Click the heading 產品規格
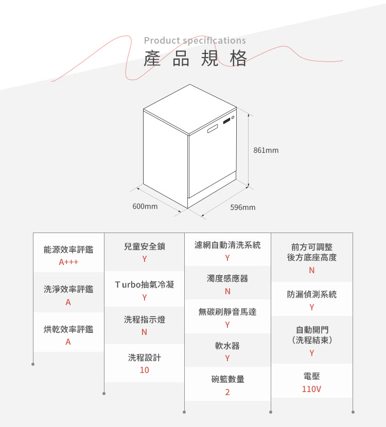pos(195,59)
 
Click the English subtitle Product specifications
pos(195,41)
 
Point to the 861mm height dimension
pos(266,150)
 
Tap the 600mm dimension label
pos(145,206)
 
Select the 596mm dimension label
pos(243,207)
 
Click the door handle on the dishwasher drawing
pos(213,129)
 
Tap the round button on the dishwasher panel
pos(233,117)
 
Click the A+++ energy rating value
pos(68,262)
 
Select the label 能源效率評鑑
pos(68,250)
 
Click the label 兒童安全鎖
pos(145,246)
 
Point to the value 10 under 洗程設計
pos(145,370)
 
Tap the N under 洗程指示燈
pos(145,332)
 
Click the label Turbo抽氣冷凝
pos(145,284)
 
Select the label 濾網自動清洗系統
pos(227,245)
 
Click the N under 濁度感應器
pos(227,291)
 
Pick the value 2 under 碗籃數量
pos(227,392)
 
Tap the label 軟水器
pos(227,346)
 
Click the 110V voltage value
pos(312,389)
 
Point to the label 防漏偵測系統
pos(312,294)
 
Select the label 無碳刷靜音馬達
pos(227,312)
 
